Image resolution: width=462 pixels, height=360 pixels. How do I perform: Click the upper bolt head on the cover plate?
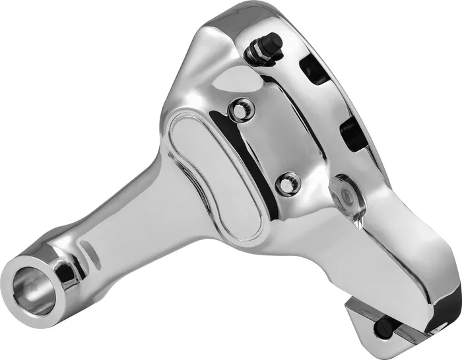pos(242,108)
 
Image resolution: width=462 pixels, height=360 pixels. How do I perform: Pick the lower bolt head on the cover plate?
pos(287,183)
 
